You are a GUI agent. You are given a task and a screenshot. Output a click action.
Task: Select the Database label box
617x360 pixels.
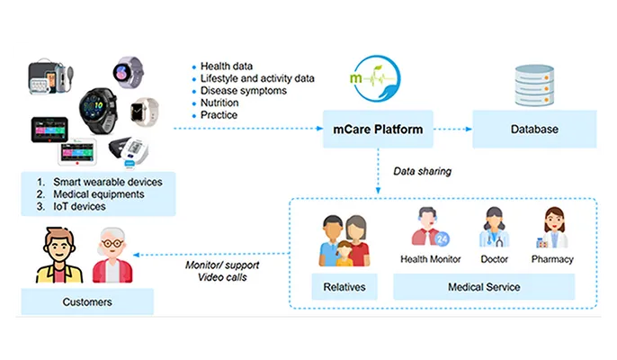click(x=533, y=129)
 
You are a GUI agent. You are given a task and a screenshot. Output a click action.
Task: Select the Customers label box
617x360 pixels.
click(x=87, y=301)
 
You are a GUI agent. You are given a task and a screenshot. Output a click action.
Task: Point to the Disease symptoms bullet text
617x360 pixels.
click(x=244, y=90)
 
